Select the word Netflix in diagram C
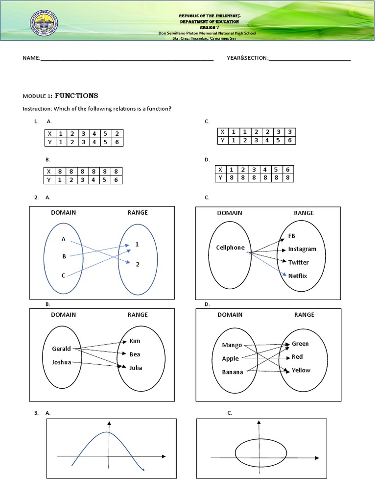click(x=298, y=276)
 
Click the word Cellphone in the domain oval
click(x=230, y=248)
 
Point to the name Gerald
click(x=61, y=349)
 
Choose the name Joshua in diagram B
click(x=62, y=362)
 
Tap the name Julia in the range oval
click(x=136, y=368)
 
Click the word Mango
click(x=232, y=345)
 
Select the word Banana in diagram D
click(x=233, y=372)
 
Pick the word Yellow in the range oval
click(x=301, y=370)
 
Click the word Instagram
click(x=302, y=249)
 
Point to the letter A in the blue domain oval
click(x=63, y=239)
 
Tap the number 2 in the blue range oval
click(x=138, y=264)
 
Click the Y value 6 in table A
click(x=117, y=142)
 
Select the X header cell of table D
click(x=220, y=170)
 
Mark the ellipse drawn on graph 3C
click(x=258, y=454)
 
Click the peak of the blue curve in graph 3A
click(x=109, y=432)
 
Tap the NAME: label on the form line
click(x=31, y=58)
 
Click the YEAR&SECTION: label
click(x=247, y=58)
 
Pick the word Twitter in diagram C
click(x=298, y=262)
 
